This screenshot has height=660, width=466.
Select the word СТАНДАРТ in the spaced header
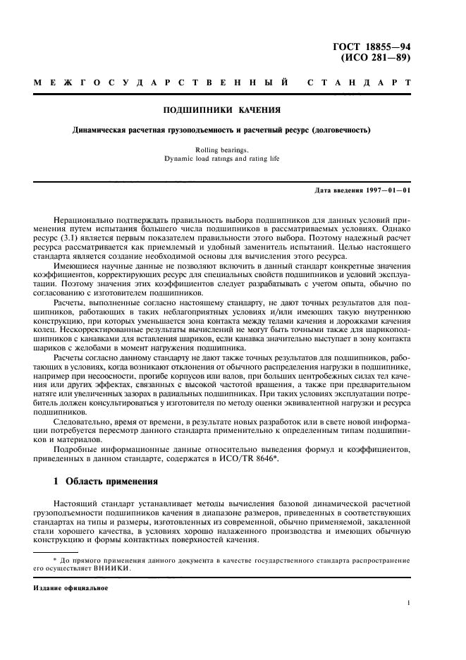point(359,85)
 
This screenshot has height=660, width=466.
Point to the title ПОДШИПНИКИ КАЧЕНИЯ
point(222,111)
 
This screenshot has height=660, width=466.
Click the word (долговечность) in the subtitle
point(341,130)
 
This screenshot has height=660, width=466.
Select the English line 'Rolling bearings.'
point(222,149)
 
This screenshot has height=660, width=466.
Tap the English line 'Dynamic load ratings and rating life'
point(222,159)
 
